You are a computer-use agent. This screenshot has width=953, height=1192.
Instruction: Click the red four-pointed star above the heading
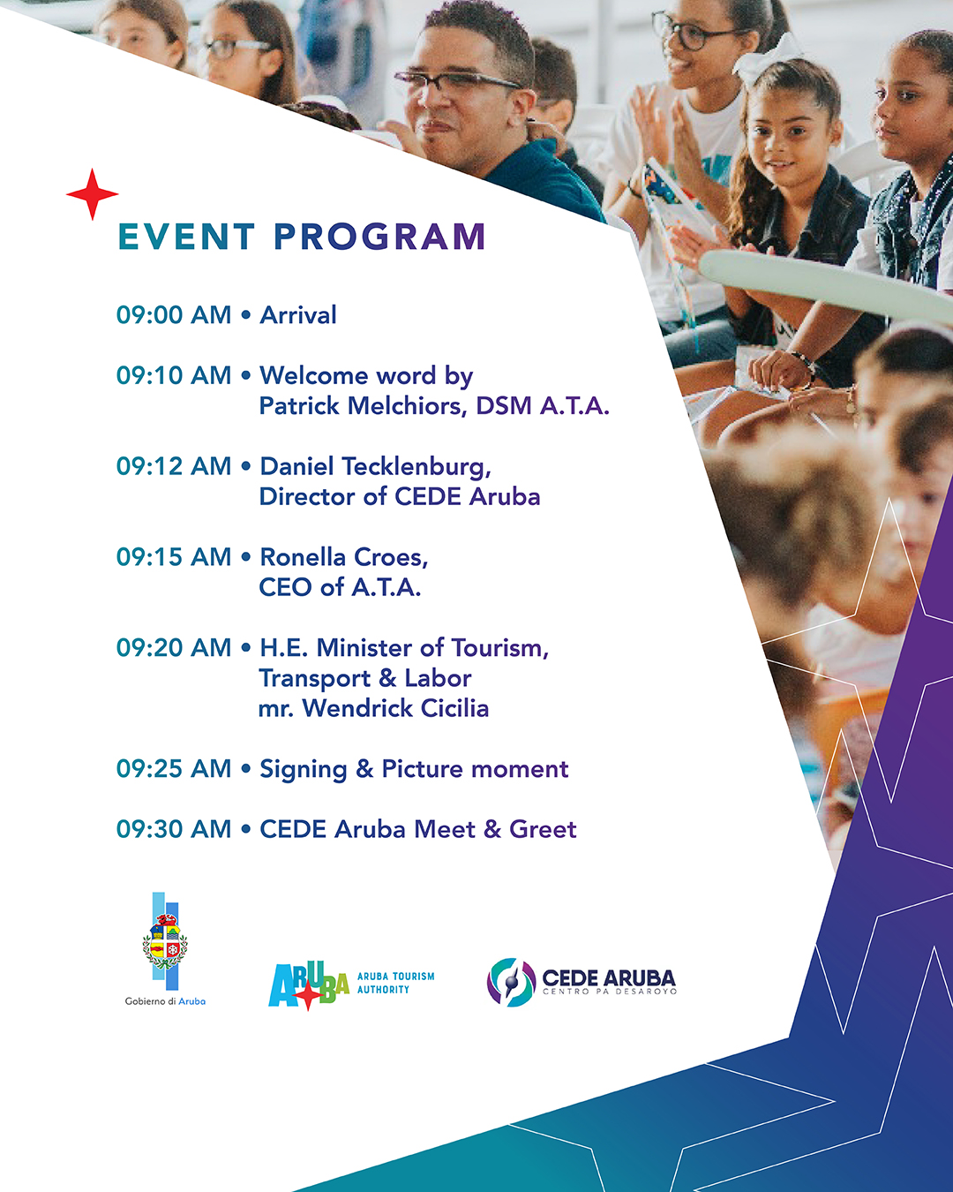[x=92, y=194]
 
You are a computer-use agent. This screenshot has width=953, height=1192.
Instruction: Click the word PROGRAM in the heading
[x=379, y=237]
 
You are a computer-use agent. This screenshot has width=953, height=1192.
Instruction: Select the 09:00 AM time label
[x=173, y=314]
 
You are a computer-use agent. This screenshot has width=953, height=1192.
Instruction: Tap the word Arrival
[x=298, y=314]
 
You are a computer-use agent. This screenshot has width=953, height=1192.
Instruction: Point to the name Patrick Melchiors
[x=360, y=405]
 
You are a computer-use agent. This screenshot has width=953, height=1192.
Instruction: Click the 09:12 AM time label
[x=173, y=466]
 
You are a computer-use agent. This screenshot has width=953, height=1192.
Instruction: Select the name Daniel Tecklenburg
[x=375, y=466]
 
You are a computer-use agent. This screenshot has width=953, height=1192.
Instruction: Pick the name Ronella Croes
[x=344, y=557]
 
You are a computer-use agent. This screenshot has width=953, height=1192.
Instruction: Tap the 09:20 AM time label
[x=173, y=647]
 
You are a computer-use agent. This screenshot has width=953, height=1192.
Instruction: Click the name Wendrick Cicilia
[x=395, y=708]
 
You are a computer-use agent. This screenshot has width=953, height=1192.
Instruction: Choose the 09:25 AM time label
[x=173, y=768]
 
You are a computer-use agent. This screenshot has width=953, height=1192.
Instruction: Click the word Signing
[x=303, y=770]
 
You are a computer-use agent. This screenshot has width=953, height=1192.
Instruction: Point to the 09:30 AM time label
[x=173, y=828]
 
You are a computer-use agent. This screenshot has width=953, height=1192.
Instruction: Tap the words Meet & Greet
[x=495, y=829]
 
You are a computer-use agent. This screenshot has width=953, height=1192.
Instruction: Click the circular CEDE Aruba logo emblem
[x=511, y=983]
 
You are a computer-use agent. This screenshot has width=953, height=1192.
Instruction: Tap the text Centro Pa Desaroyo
[x=610, y=992]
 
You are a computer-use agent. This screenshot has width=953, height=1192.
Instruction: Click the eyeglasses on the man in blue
[x=459, y=81]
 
